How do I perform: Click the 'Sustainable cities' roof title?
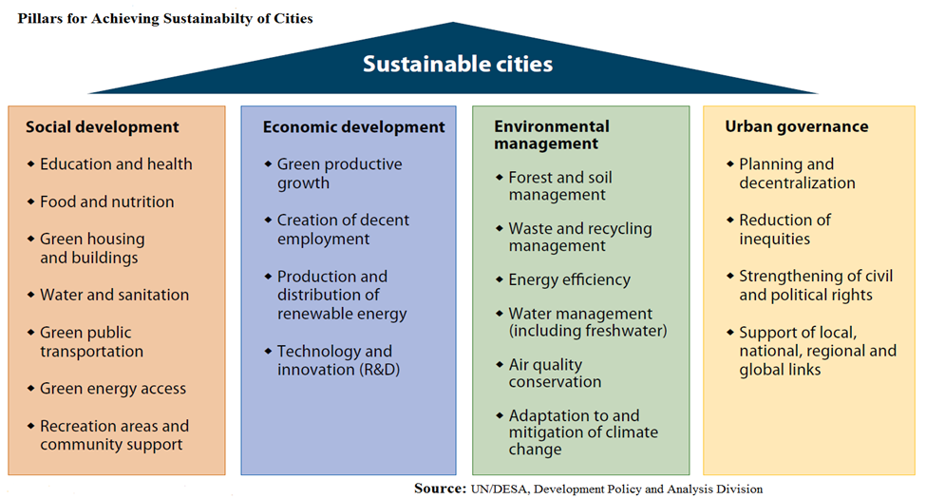coord(458,64)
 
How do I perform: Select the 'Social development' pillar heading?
coord(103,127)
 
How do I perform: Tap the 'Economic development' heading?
coord(353,127)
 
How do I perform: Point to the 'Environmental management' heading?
coord(552,135)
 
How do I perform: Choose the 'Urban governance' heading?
coord(797,126)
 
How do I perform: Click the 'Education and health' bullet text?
coord(116,163)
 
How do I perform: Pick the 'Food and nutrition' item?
coord(107,202)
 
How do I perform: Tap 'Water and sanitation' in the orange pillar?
coord(115,295)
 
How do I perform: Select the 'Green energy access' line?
coord(113,389)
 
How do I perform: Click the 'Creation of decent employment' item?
coord(343,229)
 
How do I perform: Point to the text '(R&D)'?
coord(380,370)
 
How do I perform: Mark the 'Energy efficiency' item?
coord(569,279)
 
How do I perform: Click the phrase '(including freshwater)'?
coord(588,331)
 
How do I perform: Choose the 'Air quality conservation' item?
coord(556,374)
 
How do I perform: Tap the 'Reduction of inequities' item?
coord(784,229)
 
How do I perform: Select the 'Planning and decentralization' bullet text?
coord(797,173)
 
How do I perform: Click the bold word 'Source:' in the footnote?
coord(440,489)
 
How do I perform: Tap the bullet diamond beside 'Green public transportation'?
coord(30,333)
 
